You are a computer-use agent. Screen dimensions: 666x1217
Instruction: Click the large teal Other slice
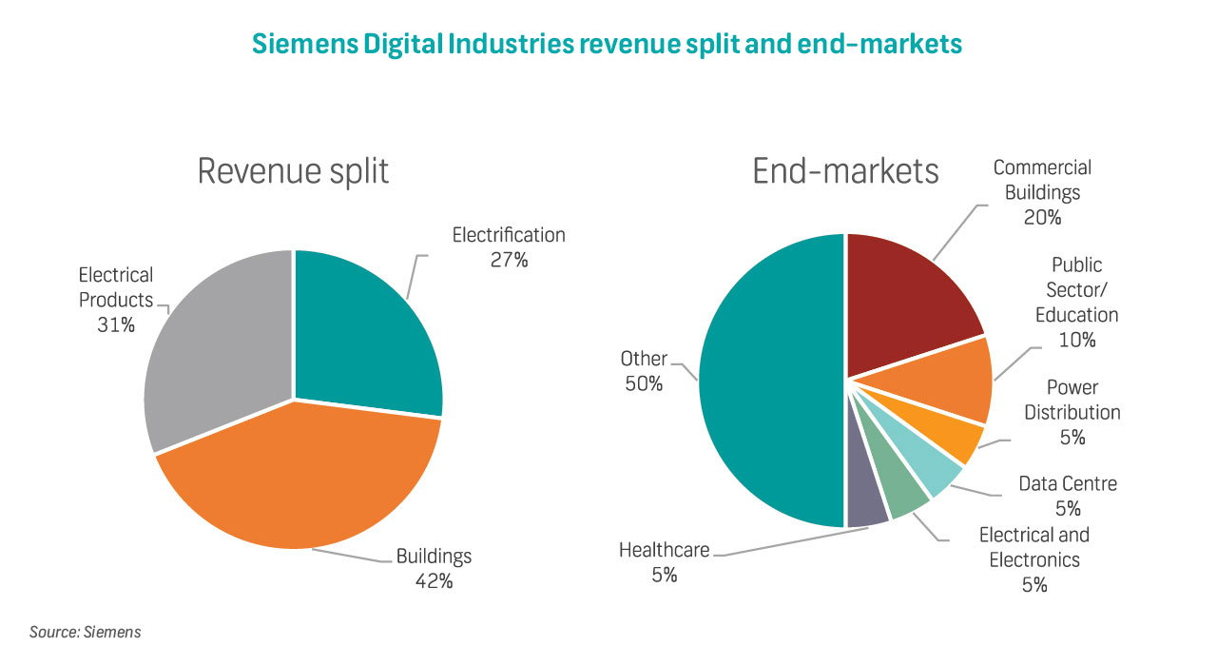tap(770, 381)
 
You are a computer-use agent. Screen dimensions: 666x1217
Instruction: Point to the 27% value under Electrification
tap(509, 259)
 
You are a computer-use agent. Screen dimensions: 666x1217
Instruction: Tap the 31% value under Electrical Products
tap(115, 325)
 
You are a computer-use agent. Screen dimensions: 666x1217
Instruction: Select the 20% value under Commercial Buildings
tap(1042, 217)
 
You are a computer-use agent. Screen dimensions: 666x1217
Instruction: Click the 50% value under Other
tap(643, 384)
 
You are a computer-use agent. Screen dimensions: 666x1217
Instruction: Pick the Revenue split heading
tap(293, 171)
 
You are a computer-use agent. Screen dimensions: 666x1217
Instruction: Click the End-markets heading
tap(845, 171)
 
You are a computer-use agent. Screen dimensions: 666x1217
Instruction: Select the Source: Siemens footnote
tap(86, 632)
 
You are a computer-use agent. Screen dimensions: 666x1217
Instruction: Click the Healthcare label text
tap(664, 550)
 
